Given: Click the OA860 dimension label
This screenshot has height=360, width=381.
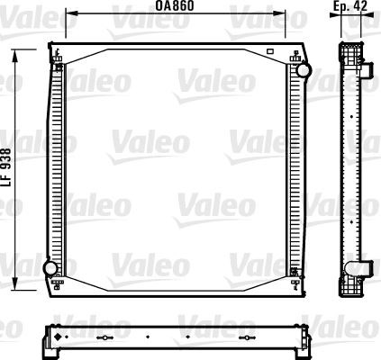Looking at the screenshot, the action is coord(175,5).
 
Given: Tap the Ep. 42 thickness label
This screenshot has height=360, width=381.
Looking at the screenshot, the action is coord(350,5).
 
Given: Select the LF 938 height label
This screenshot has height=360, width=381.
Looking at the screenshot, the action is coord(6,167).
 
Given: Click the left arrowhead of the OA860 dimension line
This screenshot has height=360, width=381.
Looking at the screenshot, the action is coord(72,13).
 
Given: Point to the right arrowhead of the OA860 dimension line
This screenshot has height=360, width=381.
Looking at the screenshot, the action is coord(279,13).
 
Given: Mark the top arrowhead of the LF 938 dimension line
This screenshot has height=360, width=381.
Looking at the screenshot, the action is coord(14,57).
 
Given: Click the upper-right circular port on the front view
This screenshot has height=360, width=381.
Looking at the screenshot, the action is coord(304,70).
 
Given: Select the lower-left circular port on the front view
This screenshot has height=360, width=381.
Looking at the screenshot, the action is coord(50,267).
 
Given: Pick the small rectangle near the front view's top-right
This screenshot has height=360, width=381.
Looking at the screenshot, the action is coord(270,51).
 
